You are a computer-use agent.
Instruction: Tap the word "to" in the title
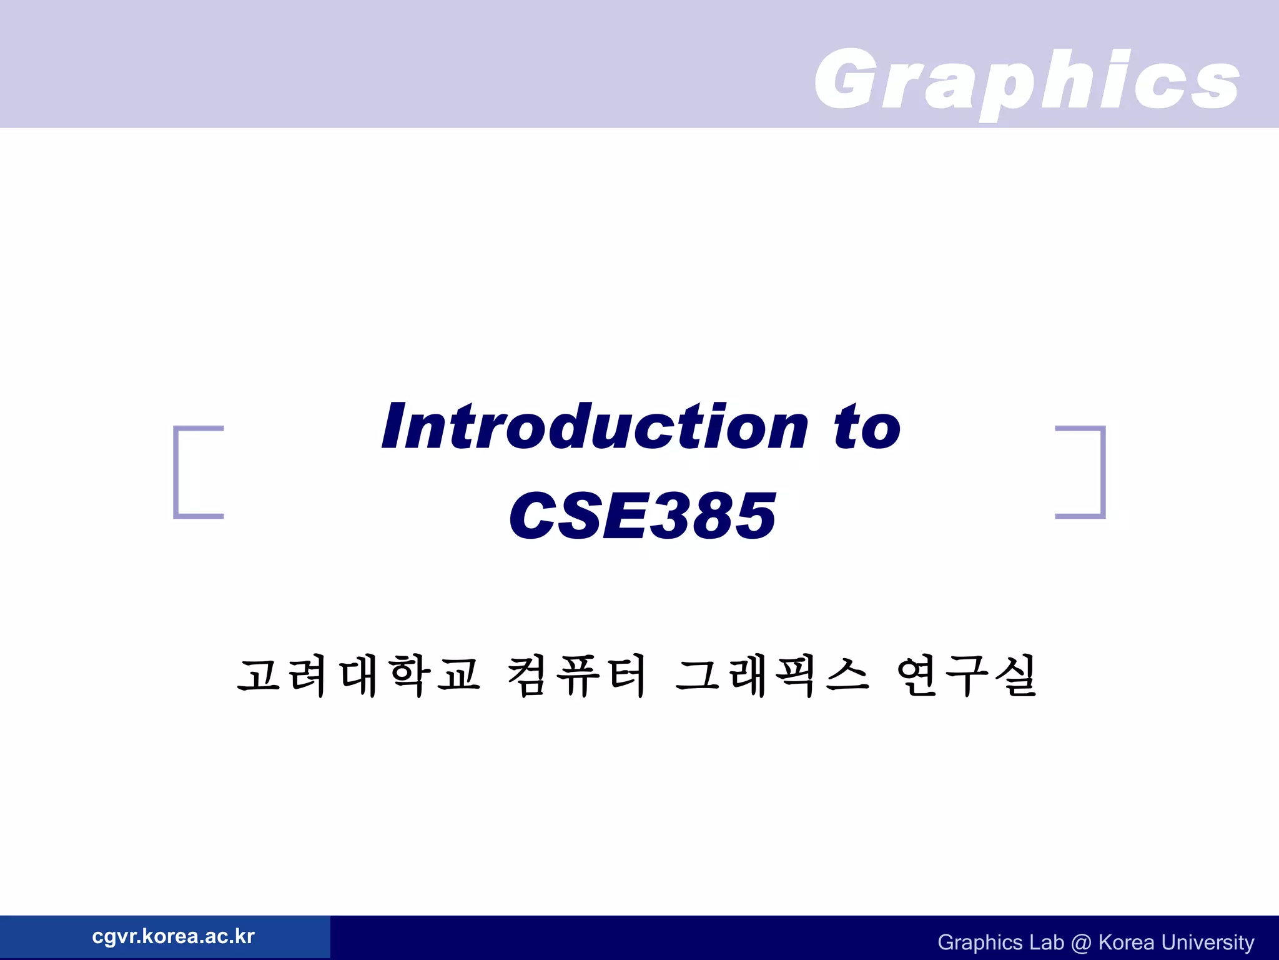tap(867, 426)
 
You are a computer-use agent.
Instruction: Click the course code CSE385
tap(643, 515)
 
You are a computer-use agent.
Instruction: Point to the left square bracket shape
tap(187, 472)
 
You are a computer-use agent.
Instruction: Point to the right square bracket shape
tap(1091, 472)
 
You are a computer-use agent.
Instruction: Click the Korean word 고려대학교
tap(358, 676)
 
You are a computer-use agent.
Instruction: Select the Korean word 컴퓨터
tap(576, 676)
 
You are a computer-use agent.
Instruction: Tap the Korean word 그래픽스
tap(772, 676)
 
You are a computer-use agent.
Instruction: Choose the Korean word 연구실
tap(967, 676)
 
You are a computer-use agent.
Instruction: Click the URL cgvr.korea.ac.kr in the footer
tap(173, 936)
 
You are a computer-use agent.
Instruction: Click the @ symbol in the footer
tap(1080, 942)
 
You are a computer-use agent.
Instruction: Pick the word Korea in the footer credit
tap(1126, 942)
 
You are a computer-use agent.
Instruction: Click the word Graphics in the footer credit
tap(979, 942)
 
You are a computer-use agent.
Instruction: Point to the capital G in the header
tap(847, 79)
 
